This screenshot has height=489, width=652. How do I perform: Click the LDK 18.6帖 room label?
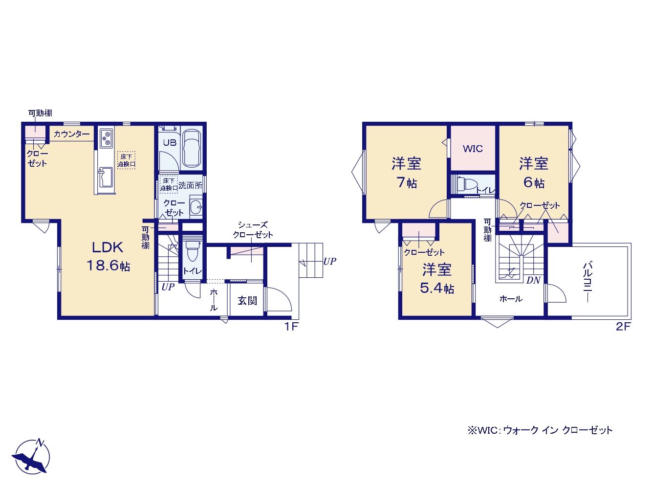click(108, 256)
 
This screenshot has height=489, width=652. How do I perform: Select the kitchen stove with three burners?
click(106, 138)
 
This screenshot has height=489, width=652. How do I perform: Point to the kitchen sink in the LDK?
click(106, 178)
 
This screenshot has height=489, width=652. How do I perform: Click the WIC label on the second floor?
click(473, 149)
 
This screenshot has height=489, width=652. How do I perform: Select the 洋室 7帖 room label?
click(406, 173)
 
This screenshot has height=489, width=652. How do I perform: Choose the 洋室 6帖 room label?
click(534, 173)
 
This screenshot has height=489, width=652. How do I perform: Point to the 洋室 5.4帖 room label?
click(436, 279)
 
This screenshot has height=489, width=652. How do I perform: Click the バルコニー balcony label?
click(588, 282)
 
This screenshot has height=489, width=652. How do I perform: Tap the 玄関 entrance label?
click(247, 301)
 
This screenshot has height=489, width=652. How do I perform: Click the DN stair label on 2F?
click(533, 280)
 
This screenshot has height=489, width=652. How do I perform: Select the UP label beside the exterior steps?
click(330, 261)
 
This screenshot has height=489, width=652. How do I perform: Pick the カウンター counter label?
click(71, 134)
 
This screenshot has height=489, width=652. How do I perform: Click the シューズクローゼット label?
click(253, 230)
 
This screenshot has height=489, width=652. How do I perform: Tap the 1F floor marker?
click(291, 327)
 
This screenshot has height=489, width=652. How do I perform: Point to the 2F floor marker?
click(623, 327)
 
